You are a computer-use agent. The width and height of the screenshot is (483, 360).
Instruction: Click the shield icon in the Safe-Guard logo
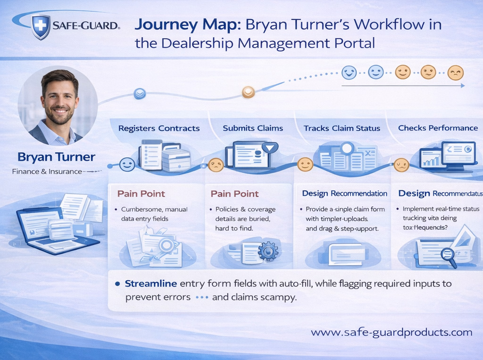pyautogui.click(x=41, y=26)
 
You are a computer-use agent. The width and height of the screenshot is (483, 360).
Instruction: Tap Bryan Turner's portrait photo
pyautogui.click(x=58, y=105)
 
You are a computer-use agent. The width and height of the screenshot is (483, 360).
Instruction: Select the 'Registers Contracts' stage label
pyautogui.click(x=159, y=128)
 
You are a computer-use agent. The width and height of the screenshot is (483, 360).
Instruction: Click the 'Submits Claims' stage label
pyautogui.click(x=253, y=128)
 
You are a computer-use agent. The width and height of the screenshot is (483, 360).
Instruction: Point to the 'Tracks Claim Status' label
pyautogui.click(x=342, y=128)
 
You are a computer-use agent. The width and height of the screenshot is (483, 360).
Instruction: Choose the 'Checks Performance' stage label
pyautogui.click(x=438, y=128)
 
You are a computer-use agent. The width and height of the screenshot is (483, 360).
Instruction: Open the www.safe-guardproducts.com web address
pyautogui.click(x=391, y=332)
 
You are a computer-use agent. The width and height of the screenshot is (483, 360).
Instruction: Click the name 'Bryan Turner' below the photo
pyautogui.click(x=56, y=156)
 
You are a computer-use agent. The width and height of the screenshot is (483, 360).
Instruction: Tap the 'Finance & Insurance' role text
pyautogui.click(x=47, y=172)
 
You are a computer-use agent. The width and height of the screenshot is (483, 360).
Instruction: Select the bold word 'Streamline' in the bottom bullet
pyautogui.click(x=151, y=284)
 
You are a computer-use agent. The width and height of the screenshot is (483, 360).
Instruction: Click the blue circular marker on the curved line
pyautogui.click(x=140, y=94)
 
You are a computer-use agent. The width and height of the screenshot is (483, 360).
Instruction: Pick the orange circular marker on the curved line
pyautogui.click(x=248, y=92)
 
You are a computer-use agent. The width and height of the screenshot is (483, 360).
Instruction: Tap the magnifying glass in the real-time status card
pyautogui.click(x=447, y=255)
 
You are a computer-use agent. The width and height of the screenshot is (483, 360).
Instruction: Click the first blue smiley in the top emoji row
pyautogui.click(x=349, y=72)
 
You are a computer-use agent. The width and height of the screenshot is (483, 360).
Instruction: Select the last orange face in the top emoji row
pyautogui.click(x=456, y=73)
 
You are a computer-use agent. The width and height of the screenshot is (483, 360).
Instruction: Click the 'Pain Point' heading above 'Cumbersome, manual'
pyautogui.click(x=141, y=194)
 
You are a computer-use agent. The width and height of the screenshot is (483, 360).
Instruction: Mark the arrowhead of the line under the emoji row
pyautogui.click(x=463, y=86)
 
